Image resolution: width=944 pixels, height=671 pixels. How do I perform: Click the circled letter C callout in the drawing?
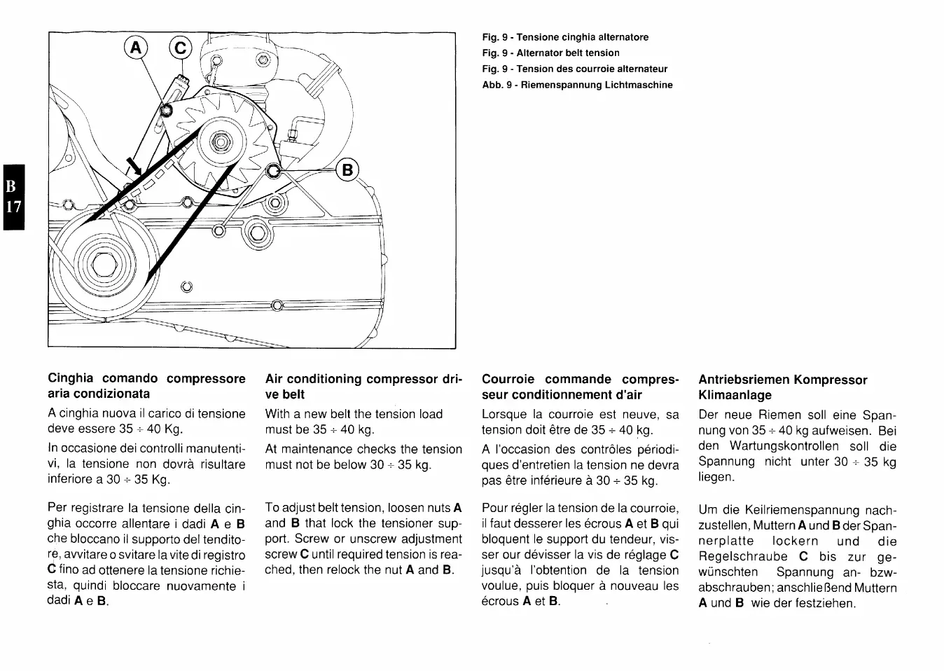click(x=179, y=48)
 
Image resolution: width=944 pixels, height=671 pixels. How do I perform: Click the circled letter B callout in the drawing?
click(x=347, y=170)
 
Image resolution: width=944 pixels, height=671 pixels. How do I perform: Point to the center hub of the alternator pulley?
click(x=220, y=144)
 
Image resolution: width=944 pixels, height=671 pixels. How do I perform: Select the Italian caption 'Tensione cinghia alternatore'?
click(x=565, y=37)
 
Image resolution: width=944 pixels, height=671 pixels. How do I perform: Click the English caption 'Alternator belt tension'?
click(x=550, y=53)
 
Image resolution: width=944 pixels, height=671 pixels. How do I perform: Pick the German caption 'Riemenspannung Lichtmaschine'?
click(x=577, y=85)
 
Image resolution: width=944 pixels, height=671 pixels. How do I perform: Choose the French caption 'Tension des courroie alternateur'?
click(x=574, y=69)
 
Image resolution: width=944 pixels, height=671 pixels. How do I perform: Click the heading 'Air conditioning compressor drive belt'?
click(x=363, y=387)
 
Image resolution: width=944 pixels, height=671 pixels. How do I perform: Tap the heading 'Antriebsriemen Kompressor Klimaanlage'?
click(x=782, y=387)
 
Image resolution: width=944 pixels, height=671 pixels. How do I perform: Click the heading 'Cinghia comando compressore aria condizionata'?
click(x=146, y=386)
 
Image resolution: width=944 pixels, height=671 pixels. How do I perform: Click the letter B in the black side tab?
click(x=11, y=187)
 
